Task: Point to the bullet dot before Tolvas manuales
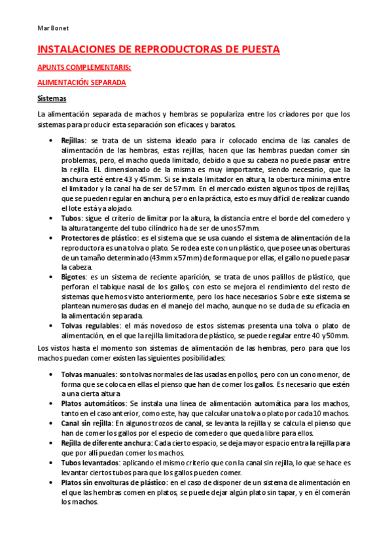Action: (x=52, y=374)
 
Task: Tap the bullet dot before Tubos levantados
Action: (x=52, y=463)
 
